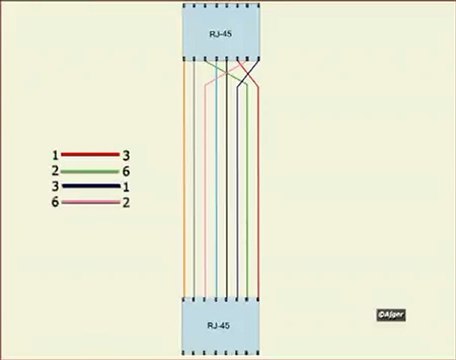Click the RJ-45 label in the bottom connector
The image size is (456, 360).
pos(218,325)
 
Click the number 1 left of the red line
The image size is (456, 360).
pos(55,156)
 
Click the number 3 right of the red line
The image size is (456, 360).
pos(126,156)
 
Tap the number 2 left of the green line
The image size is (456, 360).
pos(55,172)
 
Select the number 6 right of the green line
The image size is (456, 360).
pos(126,172)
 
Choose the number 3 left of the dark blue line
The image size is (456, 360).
pos(55,187)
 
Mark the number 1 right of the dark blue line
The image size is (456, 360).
pos(126,187)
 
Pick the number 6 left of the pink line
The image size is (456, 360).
pos(55,203)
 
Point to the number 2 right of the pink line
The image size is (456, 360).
pos(126,203)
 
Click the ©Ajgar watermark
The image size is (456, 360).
pos(389,313)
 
